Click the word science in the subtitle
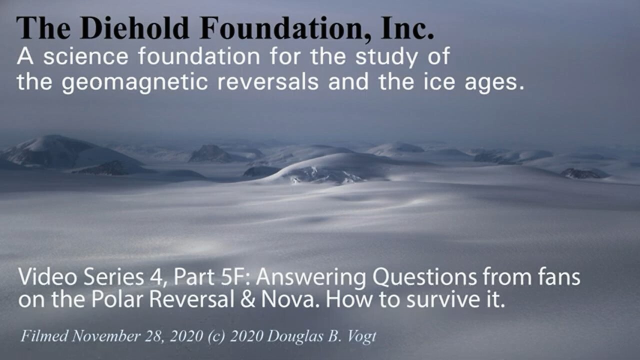pos(85,57)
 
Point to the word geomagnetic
pos(134,82)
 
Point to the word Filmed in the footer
pos(43,335)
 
